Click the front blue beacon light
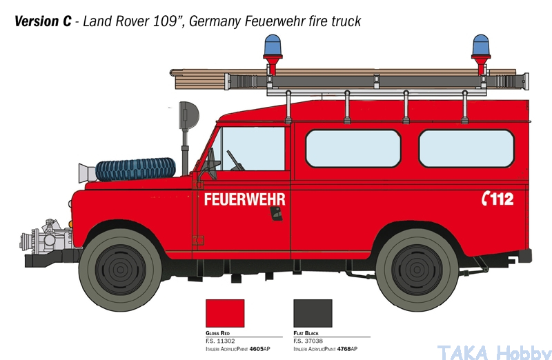click(x=273, y=45)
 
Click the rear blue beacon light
click(x=481, y=45)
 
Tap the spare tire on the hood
click(x=135, y=169)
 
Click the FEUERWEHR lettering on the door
click(x=245, y=199)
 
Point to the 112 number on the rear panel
click(x=502, y=199)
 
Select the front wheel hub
click(x=120, y=270)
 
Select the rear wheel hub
click(x=417, y=270)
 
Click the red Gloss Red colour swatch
click(x=225, y=314)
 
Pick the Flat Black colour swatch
click(x=313, y=314)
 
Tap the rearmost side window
click(x=466, y=148)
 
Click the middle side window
click(x=353, y=148)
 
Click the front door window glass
click(x=252, y=148)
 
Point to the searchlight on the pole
click(x=189, y=115)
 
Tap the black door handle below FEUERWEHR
click(x=277, y=214)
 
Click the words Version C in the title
click(x=43, y=21)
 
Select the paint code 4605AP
click(x=260, y=349)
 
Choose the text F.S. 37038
click(x=308, y=341)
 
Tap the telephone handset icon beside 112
click(x=486, y=199)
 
